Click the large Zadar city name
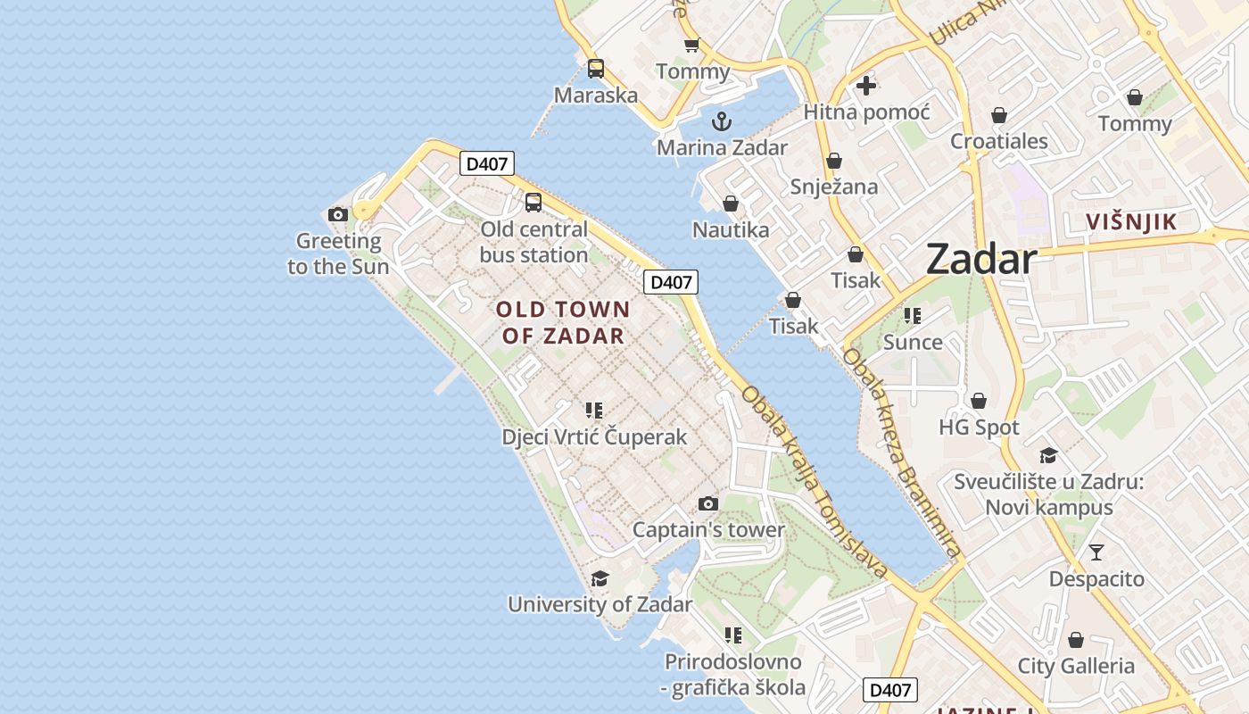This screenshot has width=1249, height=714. coord(980,260)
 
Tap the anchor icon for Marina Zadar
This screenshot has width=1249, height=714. coord(721,121)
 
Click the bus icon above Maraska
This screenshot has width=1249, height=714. coord(596,69)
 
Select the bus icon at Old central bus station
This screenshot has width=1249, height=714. coord(534,203)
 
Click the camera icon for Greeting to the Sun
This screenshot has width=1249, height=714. coord(337,214)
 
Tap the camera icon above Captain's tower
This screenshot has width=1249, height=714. coord(708,504)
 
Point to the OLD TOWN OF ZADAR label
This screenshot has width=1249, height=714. coord(563,323)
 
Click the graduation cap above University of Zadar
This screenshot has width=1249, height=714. coord(600,578)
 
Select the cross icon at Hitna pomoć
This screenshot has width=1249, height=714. coord(865,86)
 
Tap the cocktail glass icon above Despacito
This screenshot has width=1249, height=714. coord(1096,552)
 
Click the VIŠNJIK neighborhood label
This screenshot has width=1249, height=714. coord(1131,222)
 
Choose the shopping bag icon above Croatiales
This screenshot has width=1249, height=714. coord(999,115)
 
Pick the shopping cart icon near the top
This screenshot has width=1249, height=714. coord(691,45)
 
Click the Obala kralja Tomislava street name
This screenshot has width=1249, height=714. coord(815,482)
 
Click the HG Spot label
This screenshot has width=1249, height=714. coord(979,428)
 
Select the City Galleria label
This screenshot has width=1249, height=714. coord(1076,666)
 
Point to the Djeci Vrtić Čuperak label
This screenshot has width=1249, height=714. coord(594,436)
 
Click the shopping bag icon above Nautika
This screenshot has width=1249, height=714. coord(731,204)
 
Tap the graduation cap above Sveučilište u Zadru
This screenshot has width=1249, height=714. coord(1048,456)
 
